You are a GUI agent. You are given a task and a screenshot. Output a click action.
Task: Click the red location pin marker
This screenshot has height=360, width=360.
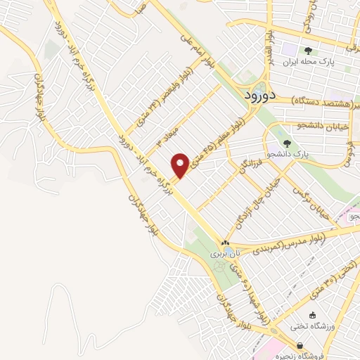pos(181,165)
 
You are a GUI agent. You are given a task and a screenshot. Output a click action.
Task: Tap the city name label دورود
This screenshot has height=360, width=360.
pos(262,96)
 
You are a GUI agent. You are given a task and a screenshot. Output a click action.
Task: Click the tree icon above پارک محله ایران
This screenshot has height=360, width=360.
pos(308,50)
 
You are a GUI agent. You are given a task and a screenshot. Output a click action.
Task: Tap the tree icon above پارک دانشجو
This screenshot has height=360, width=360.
pos(285,143)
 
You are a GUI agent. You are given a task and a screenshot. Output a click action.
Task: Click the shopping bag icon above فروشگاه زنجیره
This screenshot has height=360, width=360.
pos(301,346)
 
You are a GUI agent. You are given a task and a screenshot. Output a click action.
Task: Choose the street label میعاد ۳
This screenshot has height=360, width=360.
pos(164,134)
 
